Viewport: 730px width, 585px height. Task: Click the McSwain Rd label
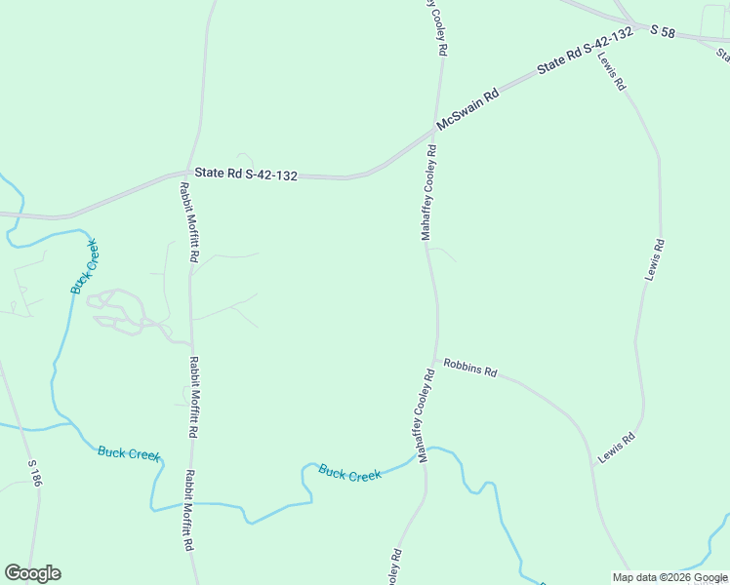click(468, 108)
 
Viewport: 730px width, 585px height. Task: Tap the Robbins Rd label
click(470, 368)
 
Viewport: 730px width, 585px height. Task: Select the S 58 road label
click(663, 31)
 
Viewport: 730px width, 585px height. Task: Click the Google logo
click(32, 573)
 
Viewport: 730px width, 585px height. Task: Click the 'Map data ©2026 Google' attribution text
click(669, 577)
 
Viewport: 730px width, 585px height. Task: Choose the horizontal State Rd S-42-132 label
click(245, 174)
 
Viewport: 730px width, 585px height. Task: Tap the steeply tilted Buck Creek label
click(86, 265)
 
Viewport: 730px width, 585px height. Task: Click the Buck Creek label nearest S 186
click(129, 452)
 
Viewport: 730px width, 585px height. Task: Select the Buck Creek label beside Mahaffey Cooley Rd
click(349, 473)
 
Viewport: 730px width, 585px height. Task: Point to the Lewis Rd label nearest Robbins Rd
click(617, 448)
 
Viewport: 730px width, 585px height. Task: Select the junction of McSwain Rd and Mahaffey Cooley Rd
click(434, 128)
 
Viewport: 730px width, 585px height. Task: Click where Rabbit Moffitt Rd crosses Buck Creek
click(190, 503)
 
